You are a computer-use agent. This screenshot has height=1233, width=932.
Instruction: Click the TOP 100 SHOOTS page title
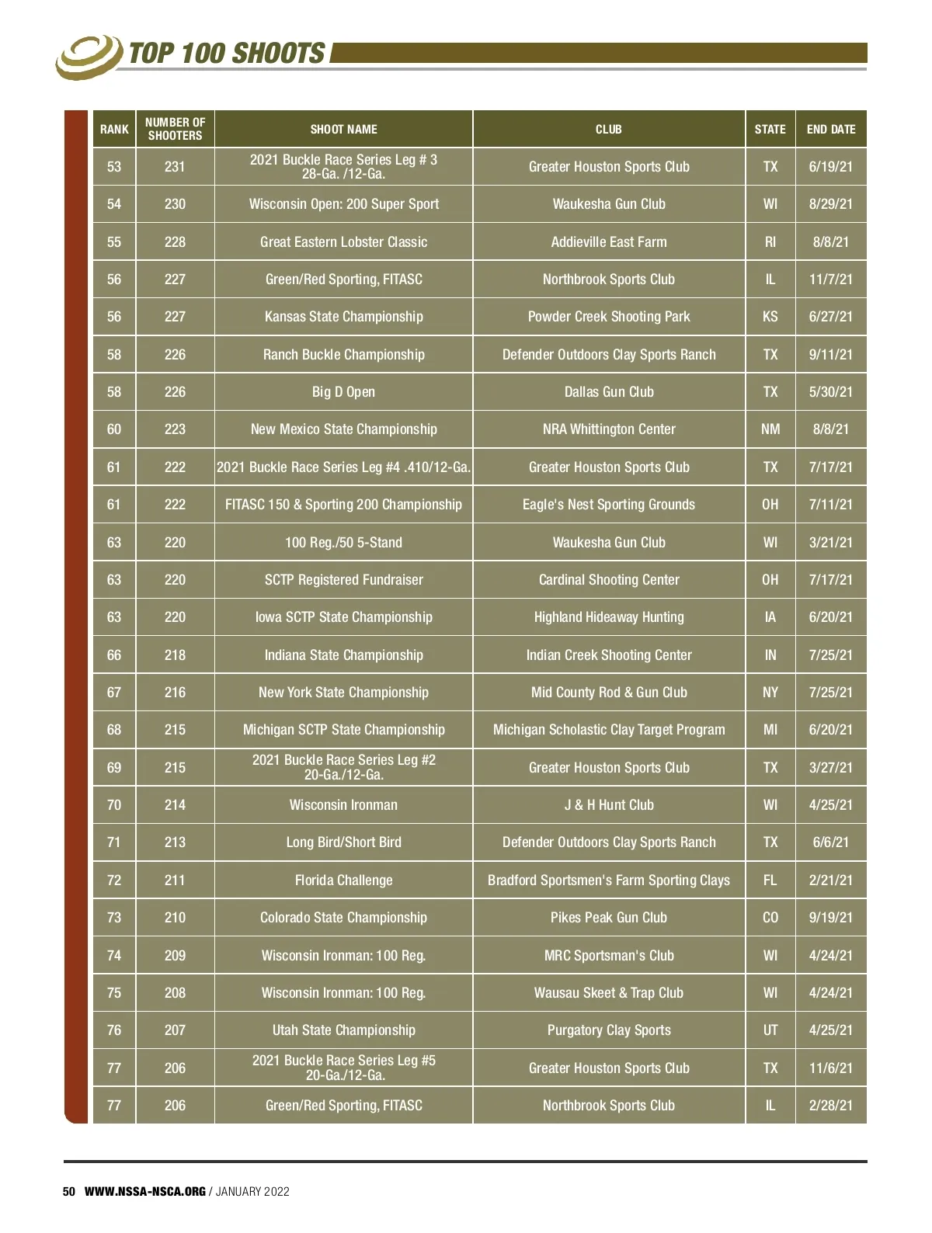pyautogui.click(x=227, y=53)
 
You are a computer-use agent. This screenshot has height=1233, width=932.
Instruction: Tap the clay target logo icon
pyautogui.click(x=89, y=57)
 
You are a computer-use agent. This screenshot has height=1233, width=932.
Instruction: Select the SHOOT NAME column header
pyautogui.click(x=343, y=129)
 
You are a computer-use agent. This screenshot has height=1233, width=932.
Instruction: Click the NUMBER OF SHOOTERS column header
pyautogui.click(x=175, y=129)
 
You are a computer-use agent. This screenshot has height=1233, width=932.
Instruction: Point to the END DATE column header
pyautogui.click(x=830, y=129)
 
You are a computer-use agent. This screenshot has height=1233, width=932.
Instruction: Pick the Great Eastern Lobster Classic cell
pyautogui.click(x=343, y=241)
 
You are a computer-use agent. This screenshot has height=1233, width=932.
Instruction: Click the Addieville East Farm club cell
pyautogui.click(x=609, y=241)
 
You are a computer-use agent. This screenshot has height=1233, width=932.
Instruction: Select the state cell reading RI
pyautogui.click(x=770, y=241)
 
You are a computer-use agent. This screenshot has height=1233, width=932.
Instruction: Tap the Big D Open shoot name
pyautogui.click(x=343, y=392)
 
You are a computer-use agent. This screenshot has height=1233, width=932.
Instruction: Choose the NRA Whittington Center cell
pyautogui.click(x=609, y=429)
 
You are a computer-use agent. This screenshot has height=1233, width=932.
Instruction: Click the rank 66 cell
pyautogui.click(x=114, y=655)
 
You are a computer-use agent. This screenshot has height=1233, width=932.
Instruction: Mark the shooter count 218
pyautogui.click(x=175, y=655)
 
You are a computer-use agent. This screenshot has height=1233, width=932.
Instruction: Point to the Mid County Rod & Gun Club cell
pyautogui.click(x=609, y=692)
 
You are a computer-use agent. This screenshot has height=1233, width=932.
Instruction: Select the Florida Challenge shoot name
pyautogui.click(x=343, y=880)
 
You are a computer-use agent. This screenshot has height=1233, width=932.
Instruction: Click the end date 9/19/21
pyautogui.click(x=830, y=917)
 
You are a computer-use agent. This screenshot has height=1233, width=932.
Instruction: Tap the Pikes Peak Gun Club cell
pyautogui.click(x=609, y=917)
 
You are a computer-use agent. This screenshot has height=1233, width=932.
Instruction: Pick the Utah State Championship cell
pyautogui.click(x=343, y=1030)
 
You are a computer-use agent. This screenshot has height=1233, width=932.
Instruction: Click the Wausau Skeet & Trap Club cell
pyautogui.click(x=609, y=992)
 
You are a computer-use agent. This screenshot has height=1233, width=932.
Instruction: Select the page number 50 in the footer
pyautogui.click(x=69, y=1191)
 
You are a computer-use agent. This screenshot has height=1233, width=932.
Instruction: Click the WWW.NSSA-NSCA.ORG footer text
pyautogui.click(x=144, y=1191)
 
